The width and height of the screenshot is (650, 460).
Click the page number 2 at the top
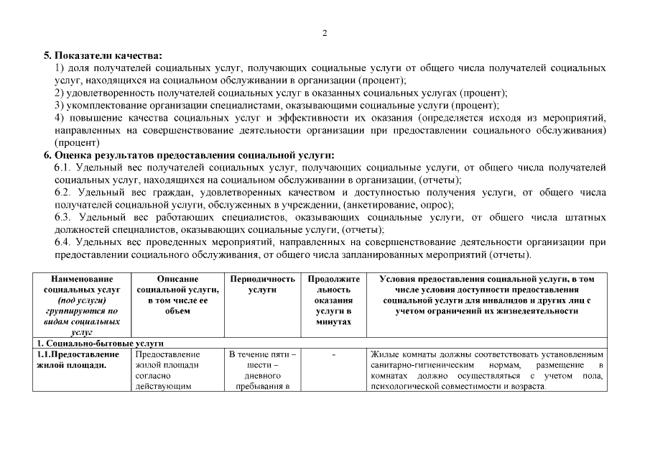click(325, 33)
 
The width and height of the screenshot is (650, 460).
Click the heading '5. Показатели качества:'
click(103, 55)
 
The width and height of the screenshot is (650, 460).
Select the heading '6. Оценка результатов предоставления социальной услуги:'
click(189, 155)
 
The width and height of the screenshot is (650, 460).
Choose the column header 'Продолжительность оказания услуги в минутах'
click(333, 300)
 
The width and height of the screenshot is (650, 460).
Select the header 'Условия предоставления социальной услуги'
click(486, 294)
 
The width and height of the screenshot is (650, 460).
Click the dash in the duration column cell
click(333, 354)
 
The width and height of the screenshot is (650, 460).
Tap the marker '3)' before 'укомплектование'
click(60, 105)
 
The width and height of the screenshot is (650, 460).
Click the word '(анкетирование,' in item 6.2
click(341, 205)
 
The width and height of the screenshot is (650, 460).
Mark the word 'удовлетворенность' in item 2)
click(106, 93)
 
